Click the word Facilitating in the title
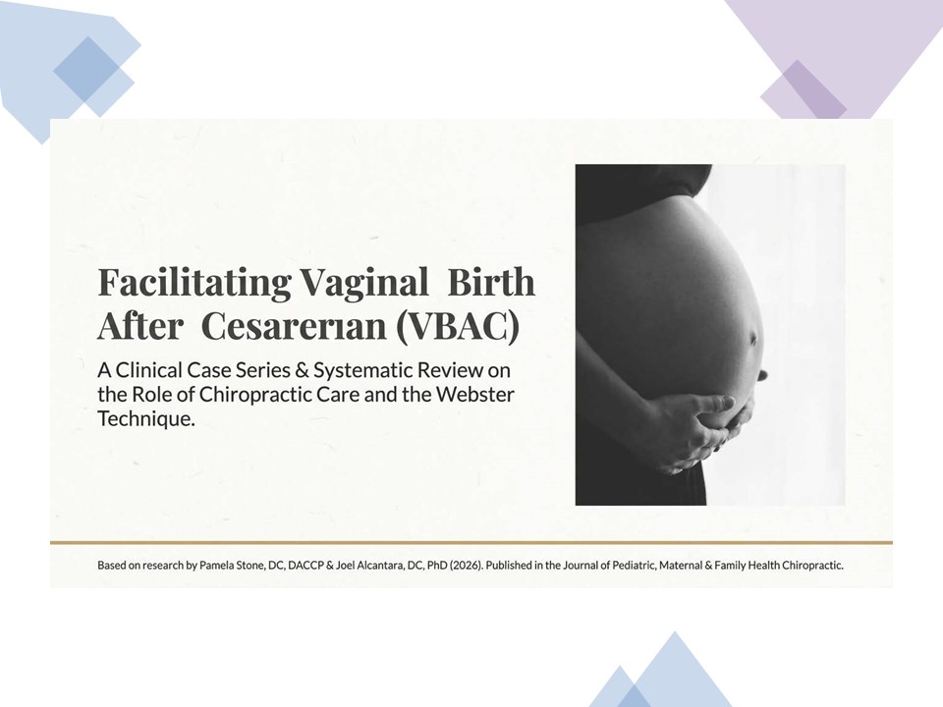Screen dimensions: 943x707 194,283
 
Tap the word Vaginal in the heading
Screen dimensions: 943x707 363,283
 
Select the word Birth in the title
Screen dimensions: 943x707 491,282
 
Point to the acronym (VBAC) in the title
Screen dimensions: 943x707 457,326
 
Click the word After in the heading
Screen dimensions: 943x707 140,326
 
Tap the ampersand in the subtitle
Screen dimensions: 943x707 303,370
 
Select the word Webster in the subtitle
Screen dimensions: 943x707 475,395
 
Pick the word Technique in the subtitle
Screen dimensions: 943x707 146,419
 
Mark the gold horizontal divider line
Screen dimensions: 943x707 471,542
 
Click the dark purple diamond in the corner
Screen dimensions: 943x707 804,89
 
